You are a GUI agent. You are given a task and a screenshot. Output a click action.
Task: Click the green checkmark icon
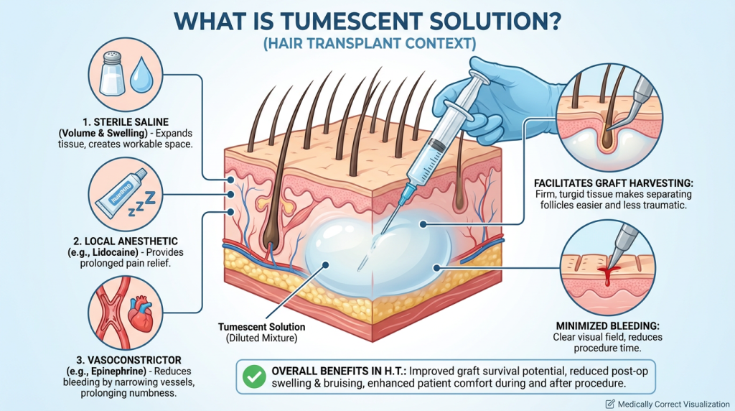pyautogui.click(x=253, y=377)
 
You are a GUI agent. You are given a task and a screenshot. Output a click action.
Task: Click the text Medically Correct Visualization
pyautogui.click(x=672, y=403)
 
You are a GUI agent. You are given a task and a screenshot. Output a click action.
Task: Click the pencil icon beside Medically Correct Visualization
pyautogui.click(x=611, y=403)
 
